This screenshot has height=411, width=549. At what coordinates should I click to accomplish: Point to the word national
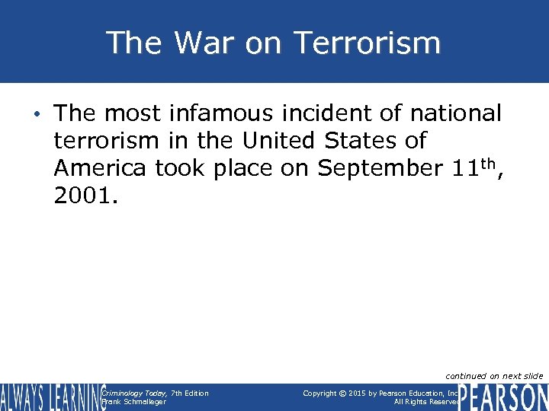point(456,114)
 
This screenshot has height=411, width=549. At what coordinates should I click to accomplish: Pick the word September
point(375,168)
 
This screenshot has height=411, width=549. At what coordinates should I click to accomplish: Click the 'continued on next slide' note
point(494,376)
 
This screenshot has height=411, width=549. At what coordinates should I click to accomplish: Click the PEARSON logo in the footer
point(503,397)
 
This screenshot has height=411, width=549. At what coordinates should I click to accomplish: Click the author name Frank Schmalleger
point(133,402)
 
